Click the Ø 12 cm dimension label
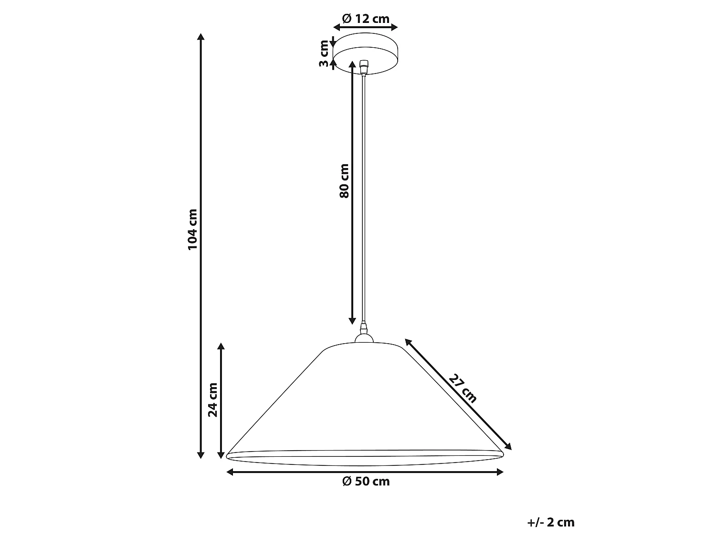(x=366, y=19)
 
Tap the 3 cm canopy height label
(x=324, y=53)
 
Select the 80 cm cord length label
(x=344, y=181)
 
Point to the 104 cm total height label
(x=192, y=230)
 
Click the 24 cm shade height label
(x=213, y=400)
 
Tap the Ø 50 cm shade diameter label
(x=366, y=481)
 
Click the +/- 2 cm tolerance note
(x=551, y=523)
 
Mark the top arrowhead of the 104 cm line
(x=201, y=37)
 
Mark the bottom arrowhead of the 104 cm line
(x=201, y=455)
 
